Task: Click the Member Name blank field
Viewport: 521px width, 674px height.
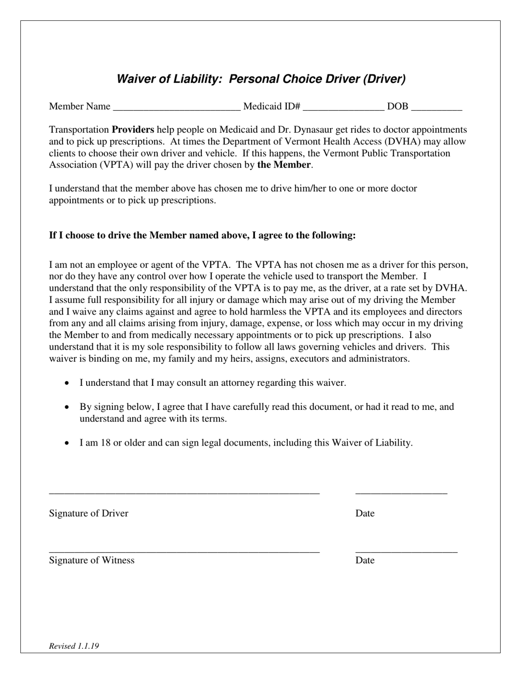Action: click(176, 107)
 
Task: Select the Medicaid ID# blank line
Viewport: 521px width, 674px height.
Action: click(343, 107)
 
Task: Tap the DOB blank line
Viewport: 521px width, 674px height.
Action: click(437, 107)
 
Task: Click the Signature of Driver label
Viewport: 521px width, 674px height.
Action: click(88, 513)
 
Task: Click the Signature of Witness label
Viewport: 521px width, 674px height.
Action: click(92, 560)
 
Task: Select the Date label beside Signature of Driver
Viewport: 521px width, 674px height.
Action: click(365, 513)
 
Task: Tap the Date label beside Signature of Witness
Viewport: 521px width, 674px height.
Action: click(365, 560)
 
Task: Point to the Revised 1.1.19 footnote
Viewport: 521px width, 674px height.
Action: click(74, 646)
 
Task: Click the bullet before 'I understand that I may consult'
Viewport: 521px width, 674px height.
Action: click(67, 383)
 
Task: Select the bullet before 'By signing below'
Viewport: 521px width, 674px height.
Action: click(67, 407)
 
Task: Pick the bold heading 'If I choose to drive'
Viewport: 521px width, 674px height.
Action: click(202, 236)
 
